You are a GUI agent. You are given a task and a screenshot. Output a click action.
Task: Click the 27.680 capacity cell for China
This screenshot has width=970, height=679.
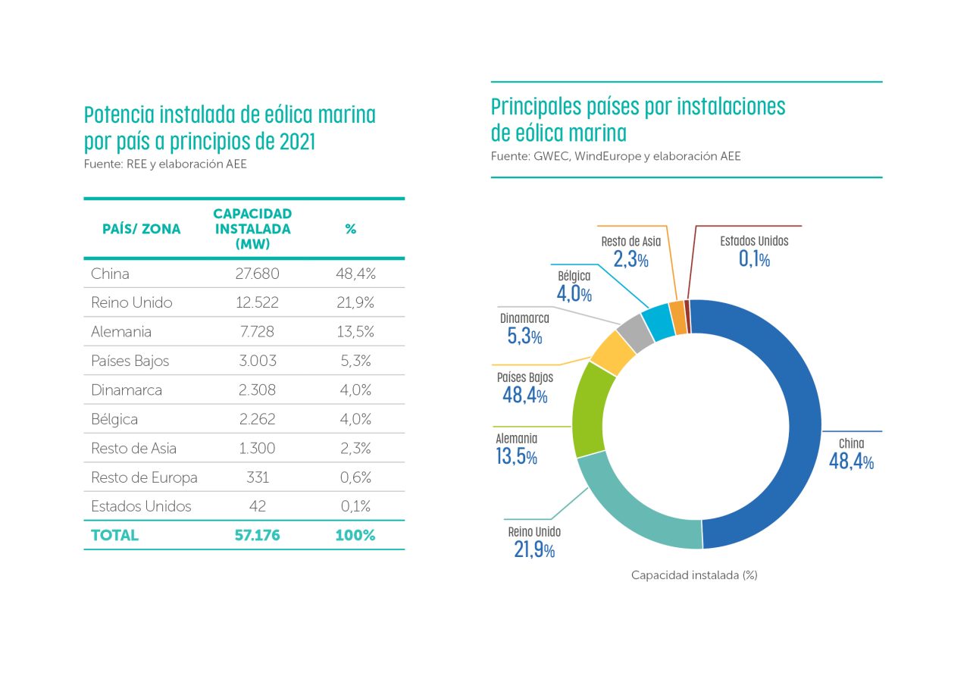coord(256,274)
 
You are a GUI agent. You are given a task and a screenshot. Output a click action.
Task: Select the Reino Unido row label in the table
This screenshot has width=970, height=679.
coord(131,302)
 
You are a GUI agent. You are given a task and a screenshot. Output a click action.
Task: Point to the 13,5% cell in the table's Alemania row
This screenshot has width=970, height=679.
coord(353,332)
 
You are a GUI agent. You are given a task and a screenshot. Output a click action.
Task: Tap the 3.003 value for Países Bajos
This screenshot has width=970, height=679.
coord(256,361)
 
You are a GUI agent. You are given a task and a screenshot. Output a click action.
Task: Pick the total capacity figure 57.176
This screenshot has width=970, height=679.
coord(256,535)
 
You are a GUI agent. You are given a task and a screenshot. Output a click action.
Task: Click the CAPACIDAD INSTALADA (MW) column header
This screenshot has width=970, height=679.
coord(252,229)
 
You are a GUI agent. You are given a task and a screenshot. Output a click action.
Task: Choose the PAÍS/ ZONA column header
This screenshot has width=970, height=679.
coord(141,229)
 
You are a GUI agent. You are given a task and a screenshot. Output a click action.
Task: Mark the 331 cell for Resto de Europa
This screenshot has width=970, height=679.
coord(256,477)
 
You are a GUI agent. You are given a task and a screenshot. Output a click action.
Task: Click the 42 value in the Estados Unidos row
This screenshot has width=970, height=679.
coord(256,506)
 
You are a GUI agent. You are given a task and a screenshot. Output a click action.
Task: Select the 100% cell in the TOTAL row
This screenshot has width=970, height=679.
coord(355,535)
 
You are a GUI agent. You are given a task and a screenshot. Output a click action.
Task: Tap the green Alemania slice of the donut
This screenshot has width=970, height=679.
coord(588,409)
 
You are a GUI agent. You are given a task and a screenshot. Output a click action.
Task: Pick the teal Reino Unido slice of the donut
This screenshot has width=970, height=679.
coord(637,508)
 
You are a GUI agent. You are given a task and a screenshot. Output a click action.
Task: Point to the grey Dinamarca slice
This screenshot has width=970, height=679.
coord(635,333)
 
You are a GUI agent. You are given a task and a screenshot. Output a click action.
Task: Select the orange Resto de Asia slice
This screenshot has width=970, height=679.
coord(677,318)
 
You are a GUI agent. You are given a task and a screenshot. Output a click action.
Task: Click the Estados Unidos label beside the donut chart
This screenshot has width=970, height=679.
coord(754,241)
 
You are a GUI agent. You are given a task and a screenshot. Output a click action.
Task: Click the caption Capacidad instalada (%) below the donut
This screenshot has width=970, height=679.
coord(694,575)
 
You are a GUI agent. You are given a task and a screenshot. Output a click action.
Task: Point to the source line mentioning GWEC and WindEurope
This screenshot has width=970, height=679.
coord(615,156)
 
